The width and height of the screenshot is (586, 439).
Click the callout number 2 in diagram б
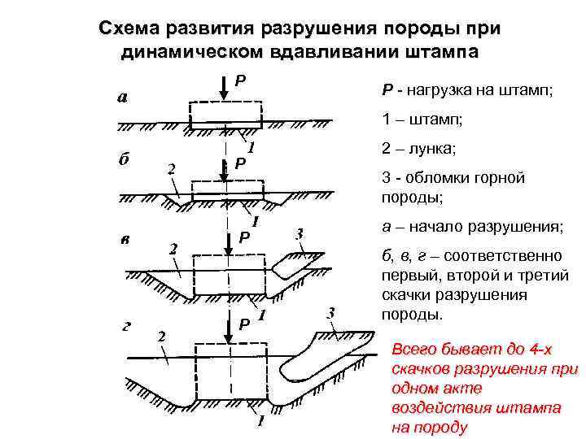(171, 170)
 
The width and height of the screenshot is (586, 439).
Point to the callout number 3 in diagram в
(300, 233)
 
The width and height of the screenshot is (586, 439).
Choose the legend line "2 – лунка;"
(418, 150)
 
